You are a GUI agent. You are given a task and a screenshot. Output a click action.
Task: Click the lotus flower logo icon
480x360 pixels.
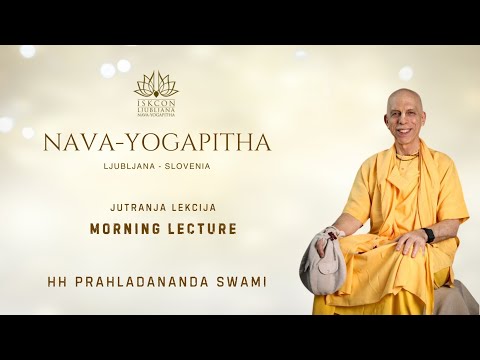[155, 83]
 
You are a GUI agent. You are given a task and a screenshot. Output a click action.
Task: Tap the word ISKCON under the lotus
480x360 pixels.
[155, 101]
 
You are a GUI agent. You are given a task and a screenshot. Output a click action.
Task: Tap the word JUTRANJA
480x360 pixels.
[134, 206]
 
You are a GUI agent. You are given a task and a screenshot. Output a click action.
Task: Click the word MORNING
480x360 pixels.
[124, 228]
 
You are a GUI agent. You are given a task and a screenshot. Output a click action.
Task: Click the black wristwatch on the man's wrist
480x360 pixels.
[429, 235]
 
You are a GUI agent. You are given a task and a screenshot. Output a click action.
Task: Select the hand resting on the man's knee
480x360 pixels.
[411, 243]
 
